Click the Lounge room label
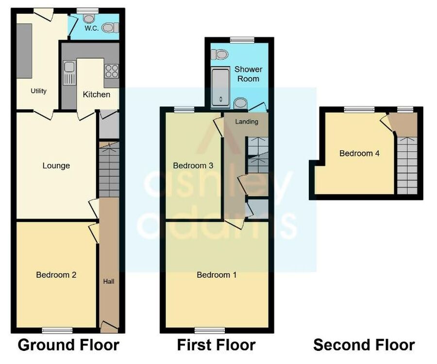(56, 165)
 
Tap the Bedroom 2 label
(56, 275)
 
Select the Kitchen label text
(97, 94)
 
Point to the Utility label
(38, 91)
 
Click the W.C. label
(92, 28)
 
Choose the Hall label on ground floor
(109, 281)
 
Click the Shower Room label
(248, 74)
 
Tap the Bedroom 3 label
(193, 165)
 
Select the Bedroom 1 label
(217, 275)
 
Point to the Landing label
(247, 122)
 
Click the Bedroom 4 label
(359, 153)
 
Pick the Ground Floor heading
(68, 345)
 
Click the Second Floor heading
(364, 345)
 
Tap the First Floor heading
(216, 345)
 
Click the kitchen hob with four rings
(112, 71)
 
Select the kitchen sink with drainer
(69, 73)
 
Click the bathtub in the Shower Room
(220, 87)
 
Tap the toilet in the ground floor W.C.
(110, 28)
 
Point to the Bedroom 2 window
(57, 330)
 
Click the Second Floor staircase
(407, 165)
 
